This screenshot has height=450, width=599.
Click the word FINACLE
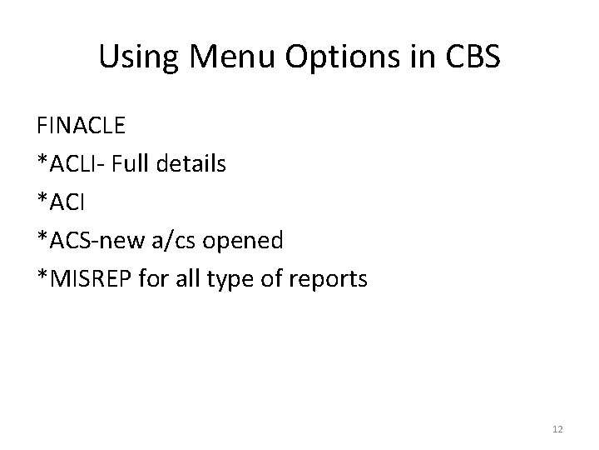point(81,127)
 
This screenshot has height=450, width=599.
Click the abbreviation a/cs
point(168,241)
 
